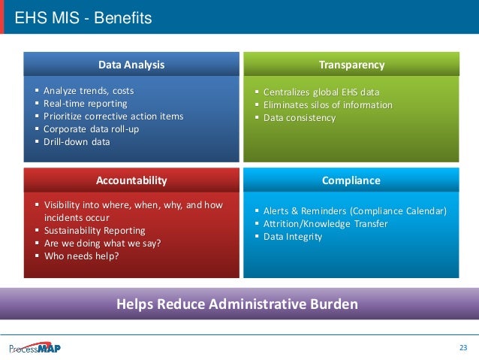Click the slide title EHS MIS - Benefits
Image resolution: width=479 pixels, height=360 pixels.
coord(83,17)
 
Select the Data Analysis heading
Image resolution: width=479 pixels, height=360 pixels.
coord(131,65)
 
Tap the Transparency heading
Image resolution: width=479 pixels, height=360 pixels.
coord(351,65)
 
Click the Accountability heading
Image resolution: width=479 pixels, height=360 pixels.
coord(131,180)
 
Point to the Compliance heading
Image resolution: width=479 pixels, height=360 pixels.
coord(351,180)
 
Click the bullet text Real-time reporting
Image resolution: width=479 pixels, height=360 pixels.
coord(86,104)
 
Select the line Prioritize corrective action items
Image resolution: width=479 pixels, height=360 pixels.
coord(113,116)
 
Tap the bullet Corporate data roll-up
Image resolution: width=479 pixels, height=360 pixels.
coord(91,129)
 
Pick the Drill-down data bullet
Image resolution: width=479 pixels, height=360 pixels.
coord(77,142)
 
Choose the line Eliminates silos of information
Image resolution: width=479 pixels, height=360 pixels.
coord(327,105)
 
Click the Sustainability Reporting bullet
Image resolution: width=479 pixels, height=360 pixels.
coord(95,231)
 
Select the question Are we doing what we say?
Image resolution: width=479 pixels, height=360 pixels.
coord(102,244)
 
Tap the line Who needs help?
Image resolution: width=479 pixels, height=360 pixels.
coord(81,256)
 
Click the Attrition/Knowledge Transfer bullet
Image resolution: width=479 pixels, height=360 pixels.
coord(325,224)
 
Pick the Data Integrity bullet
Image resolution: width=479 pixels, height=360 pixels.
coord(293,237)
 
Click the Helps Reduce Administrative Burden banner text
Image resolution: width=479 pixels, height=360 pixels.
coord(237,304)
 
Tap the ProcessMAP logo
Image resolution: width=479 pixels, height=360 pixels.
coord(35,347)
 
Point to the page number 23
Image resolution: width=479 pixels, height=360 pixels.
coord(462,347)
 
